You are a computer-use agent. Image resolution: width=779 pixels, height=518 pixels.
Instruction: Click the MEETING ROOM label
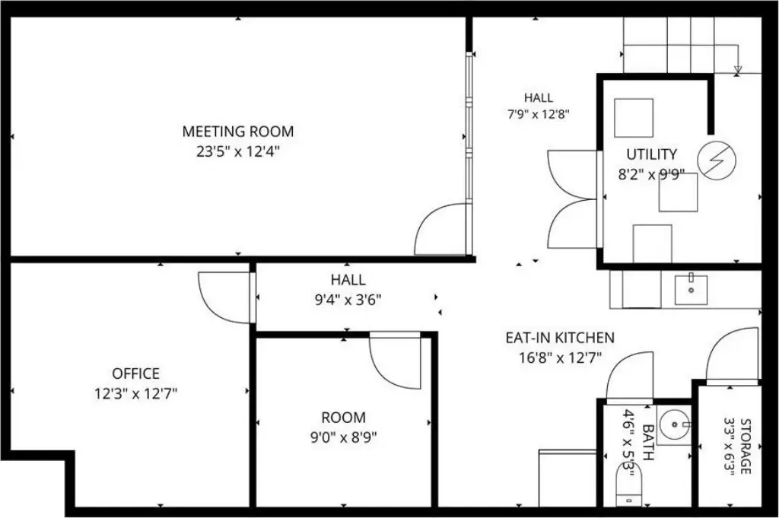click(x=238, y=131)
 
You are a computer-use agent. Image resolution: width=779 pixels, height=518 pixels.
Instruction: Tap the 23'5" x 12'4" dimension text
click(x=238, y=151)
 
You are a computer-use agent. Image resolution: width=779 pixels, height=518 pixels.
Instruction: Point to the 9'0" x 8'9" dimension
click(x=343, y=437)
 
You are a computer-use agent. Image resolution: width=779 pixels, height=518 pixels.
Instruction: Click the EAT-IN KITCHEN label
click(x=560, y=338)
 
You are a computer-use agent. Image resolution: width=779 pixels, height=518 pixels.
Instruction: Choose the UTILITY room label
click(x=651, y=154)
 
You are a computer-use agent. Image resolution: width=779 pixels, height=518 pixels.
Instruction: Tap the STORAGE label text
click(x=746, y=446)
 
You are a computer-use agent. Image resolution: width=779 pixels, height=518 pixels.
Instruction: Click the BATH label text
click(x=648, y=442)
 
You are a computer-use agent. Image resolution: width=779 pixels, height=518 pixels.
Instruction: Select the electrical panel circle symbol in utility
click(x=717, y=161)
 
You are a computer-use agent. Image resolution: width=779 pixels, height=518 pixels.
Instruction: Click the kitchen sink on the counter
click(x=691, y=289)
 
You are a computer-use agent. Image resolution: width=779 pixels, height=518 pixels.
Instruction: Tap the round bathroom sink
click(x=675, y=424)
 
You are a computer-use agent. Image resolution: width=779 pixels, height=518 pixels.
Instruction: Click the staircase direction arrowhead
click(x=738, y=71)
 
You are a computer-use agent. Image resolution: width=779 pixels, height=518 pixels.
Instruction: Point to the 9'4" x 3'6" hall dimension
click(x=348, y=300)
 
